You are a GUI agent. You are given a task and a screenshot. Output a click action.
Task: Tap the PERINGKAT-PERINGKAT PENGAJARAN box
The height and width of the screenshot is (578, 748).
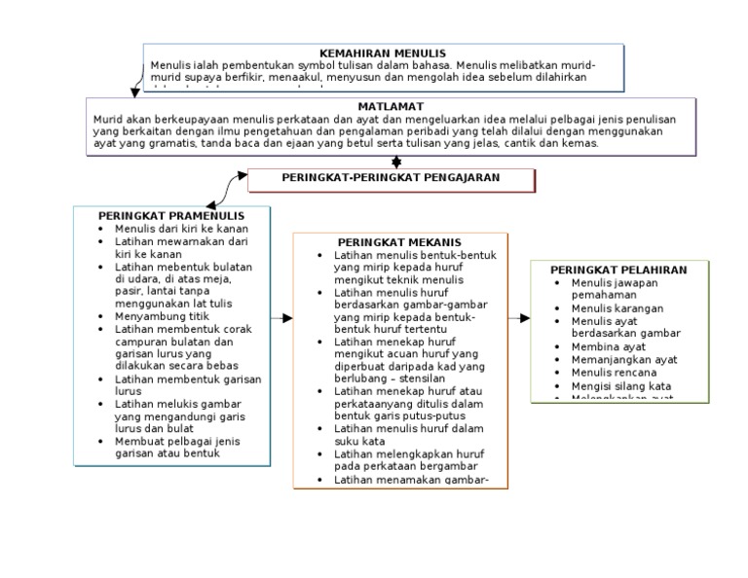[391, 178]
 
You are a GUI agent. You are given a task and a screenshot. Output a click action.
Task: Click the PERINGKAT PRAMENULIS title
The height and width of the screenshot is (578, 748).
[170, 215]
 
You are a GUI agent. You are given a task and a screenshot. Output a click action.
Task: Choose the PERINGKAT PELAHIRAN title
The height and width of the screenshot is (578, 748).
[618, 270]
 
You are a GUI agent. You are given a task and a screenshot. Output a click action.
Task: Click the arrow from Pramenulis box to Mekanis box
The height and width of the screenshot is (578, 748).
[281, 318]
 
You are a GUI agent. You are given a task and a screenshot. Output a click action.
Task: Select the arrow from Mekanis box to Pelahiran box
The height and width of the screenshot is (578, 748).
[520, 318]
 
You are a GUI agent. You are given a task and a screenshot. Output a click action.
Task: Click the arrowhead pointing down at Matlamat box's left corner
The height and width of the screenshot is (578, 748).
[134, 93]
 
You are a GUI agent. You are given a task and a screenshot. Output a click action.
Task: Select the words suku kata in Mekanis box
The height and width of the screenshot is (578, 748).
[357, 441]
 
